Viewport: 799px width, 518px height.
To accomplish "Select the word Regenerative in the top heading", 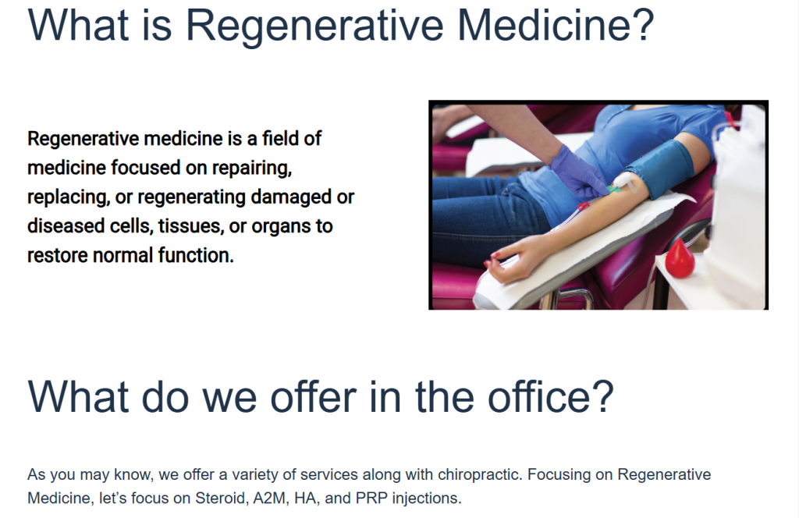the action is point(314,27).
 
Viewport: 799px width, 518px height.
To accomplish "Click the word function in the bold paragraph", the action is point(196,255).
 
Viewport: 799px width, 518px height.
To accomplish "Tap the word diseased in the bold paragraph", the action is point(66,225).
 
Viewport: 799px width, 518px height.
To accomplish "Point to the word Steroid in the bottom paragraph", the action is point(221,498).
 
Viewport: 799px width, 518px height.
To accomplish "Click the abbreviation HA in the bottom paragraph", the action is point(306,498).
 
